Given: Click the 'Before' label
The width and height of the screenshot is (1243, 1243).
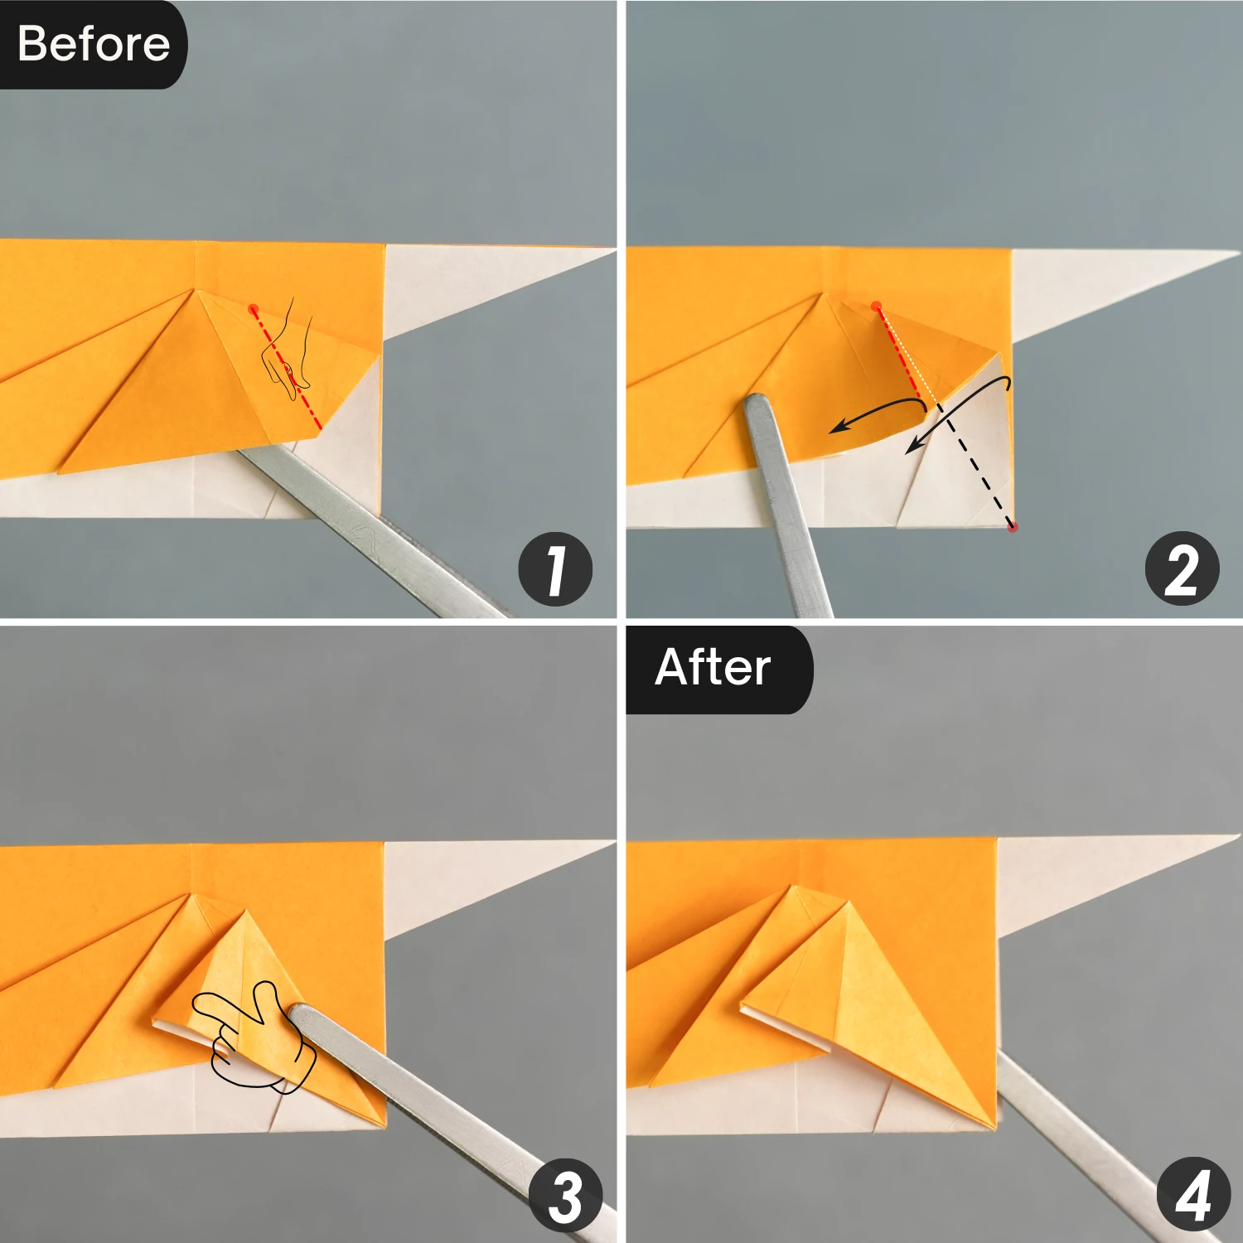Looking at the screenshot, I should click(x=93, y=44).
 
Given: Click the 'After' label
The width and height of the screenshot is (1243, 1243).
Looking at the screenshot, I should click(x=713, y=668).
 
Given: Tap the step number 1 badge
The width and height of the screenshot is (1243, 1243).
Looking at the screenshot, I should click(x=555, y=569).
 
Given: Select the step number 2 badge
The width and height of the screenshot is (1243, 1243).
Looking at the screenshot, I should click(x=1182, y=569).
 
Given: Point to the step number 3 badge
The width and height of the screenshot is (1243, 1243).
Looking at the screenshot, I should click(x=566, y=1195).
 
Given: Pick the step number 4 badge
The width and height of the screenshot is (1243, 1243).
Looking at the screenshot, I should click(x=1192, y=1195).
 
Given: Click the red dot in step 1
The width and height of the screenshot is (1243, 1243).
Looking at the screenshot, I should click(x=254, y=308).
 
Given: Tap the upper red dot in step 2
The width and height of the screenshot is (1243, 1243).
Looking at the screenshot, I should click(x=876, y=306).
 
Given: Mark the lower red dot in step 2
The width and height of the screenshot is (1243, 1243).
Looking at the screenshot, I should click(x=1012, y=526).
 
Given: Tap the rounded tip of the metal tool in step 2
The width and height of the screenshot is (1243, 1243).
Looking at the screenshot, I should click(x=758, y=405).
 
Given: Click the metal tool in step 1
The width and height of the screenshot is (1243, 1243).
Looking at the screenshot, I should click(x=373, y=530).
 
